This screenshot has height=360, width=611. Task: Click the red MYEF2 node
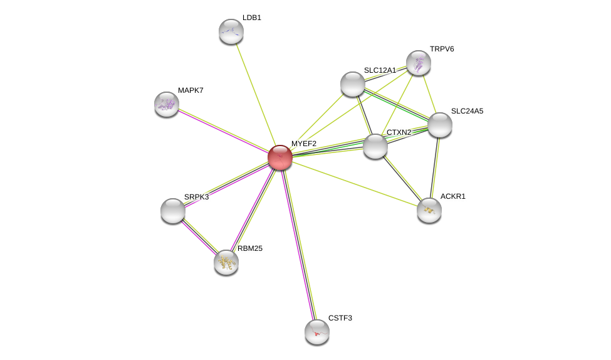[280, 157]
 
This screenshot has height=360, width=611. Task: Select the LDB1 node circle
[231, 31]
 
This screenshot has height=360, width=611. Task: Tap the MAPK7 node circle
[167, 104]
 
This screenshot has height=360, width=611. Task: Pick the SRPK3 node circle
[173, 211]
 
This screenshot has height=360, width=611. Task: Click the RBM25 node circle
[226, 262]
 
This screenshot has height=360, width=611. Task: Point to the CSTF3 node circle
[317, 332]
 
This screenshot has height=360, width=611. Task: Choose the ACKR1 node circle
[429, 210]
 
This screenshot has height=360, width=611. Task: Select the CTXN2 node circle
[375, 146]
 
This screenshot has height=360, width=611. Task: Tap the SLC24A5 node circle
[440, 125]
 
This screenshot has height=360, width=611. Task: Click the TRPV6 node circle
[419, 63]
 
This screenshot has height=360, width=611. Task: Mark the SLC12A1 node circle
[353, 84]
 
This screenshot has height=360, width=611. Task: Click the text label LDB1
[252, 18]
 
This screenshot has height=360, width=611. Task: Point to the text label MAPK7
[191, 90]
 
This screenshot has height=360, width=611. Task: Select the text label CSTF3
[340, 318]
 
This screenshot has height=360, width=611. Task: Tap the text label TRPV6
[442, 49]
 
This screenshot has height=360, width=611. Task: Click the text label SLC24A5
[467, 111]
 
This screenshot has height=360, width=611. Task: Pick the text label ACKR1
[452, 196]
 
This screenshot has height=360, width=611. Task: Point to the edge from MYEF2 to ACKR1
[355, 184]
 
